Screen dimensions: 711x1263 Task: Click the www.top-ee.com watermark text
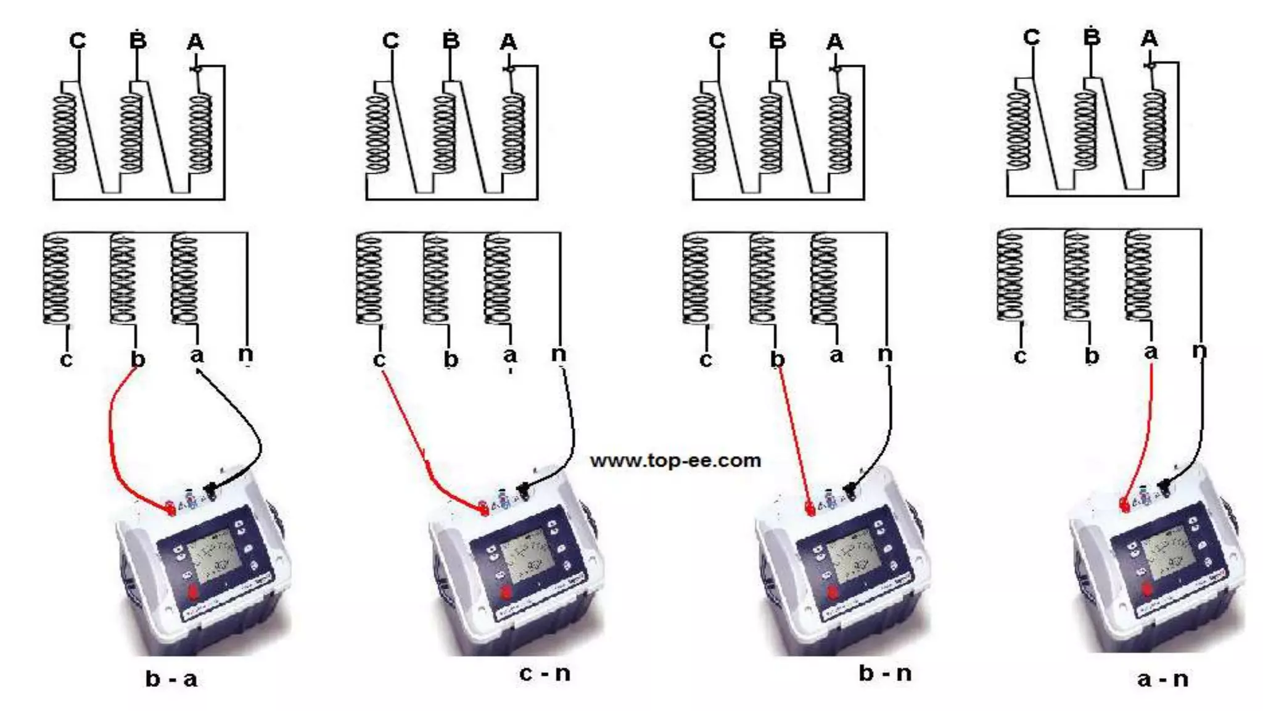click(675, 460)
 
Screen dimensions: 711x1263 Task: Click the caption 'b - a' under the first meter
click(171, 679)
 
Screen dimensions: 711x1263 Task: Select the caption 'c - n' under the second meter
click(545, 673)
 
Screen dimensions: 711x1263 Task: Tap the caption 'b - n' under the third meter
click(885, 673)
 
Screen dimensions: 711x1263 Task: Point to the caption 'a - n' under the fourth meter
click(1162, 679)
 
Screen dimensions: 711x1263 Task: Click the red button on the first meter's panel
click(193, 592)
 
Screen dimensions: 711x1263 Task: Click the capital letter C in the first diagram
click(77, 41)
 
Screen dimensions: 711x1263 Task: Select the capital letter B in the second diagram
click(451, 41)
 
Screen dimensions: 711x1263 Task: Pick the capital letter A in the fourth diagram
click(1149, 39)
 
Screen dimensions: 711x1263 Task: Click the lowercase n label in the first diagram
click(245, 354)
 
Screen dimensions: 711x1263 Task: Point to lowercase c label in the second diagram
click(379, 359)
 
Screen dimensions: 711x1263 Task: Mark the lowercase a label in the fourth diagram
click(1151, 352)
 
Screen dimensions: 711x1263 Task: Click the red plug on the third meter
click(810, 509)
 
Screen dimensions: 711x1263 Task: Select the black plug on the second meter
click(524, 490)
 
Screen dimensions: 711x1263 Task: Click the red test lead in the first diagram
click(112, 432)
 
